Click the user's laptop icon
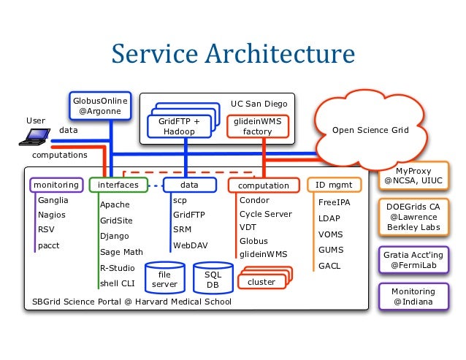(x=34, y=137)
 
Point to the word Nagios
(x=52, y=215)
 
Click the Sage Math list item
(x=121, y=252)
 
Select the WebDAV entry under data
(x=191, y=245)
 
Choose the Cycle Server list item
(x=266, y=214)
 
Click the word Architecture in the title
(x=280, y=53)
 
